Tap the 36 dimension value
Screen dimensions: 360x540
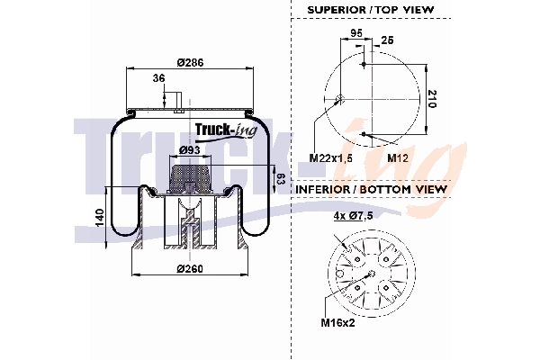click(159, 78)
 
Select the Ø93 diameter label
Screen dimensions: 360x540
click(189, 149)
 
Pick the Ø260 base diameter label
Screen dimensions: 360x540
click(188, 270)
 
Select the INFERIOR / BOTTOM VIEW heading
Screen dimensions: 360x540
click(370, 189)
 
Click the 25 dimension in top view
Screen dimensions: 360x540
click(387, 40)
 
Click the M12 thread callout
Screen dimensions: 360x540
click(398, 157)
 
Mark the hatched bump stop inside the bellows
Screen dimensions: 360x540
click(190, 170)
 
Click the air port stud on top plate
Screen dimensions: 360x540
click(179, 101)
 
